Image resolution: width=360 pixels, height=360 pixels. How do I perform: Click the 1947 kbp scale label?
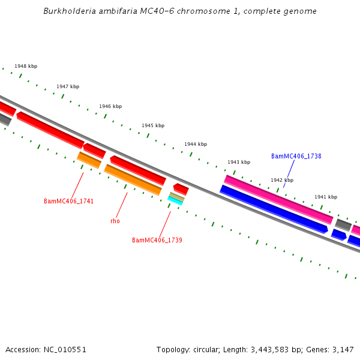(x=68, y=86)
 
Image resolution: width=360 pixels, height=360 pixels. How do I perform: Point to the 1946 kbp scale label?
(x=110, y=106)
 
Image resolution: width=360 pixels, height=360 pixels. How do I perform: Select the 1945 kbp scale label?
(x=153, y=126)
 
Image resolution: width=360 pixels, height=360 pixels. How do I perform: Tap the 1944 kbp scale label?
(x=196, y=145)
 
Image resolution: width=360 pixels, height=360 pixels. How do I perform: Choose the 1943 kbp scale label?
(x=239, y=163)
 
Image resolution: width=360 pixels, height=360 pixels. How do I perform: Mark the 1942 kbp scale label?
(x=282, y=180)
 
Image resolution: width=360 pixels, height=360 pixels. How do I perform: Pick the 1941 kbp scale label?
(x=326, y=197)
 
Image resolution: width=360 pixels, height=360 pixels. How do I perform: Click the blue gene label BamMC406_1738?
(x=296, y=156)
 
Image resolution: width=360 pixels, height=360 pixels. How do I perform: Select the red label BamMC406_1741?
(x=68, y=201)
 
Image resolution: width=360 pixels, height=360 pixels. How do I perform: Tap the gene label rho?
(x=115, y=221)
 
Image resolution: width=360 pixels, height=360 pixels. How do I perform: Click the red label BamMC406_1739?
(x=157, y=240)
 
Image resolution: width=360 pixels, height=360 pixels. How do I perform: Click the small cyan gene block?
(x=175, y=202)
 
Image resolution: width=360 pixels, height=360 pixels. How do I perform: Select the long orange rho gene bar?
(x=133, y=180)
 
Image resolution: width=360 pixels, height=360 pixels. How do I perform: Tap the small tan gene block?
(x=176, y=196)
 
